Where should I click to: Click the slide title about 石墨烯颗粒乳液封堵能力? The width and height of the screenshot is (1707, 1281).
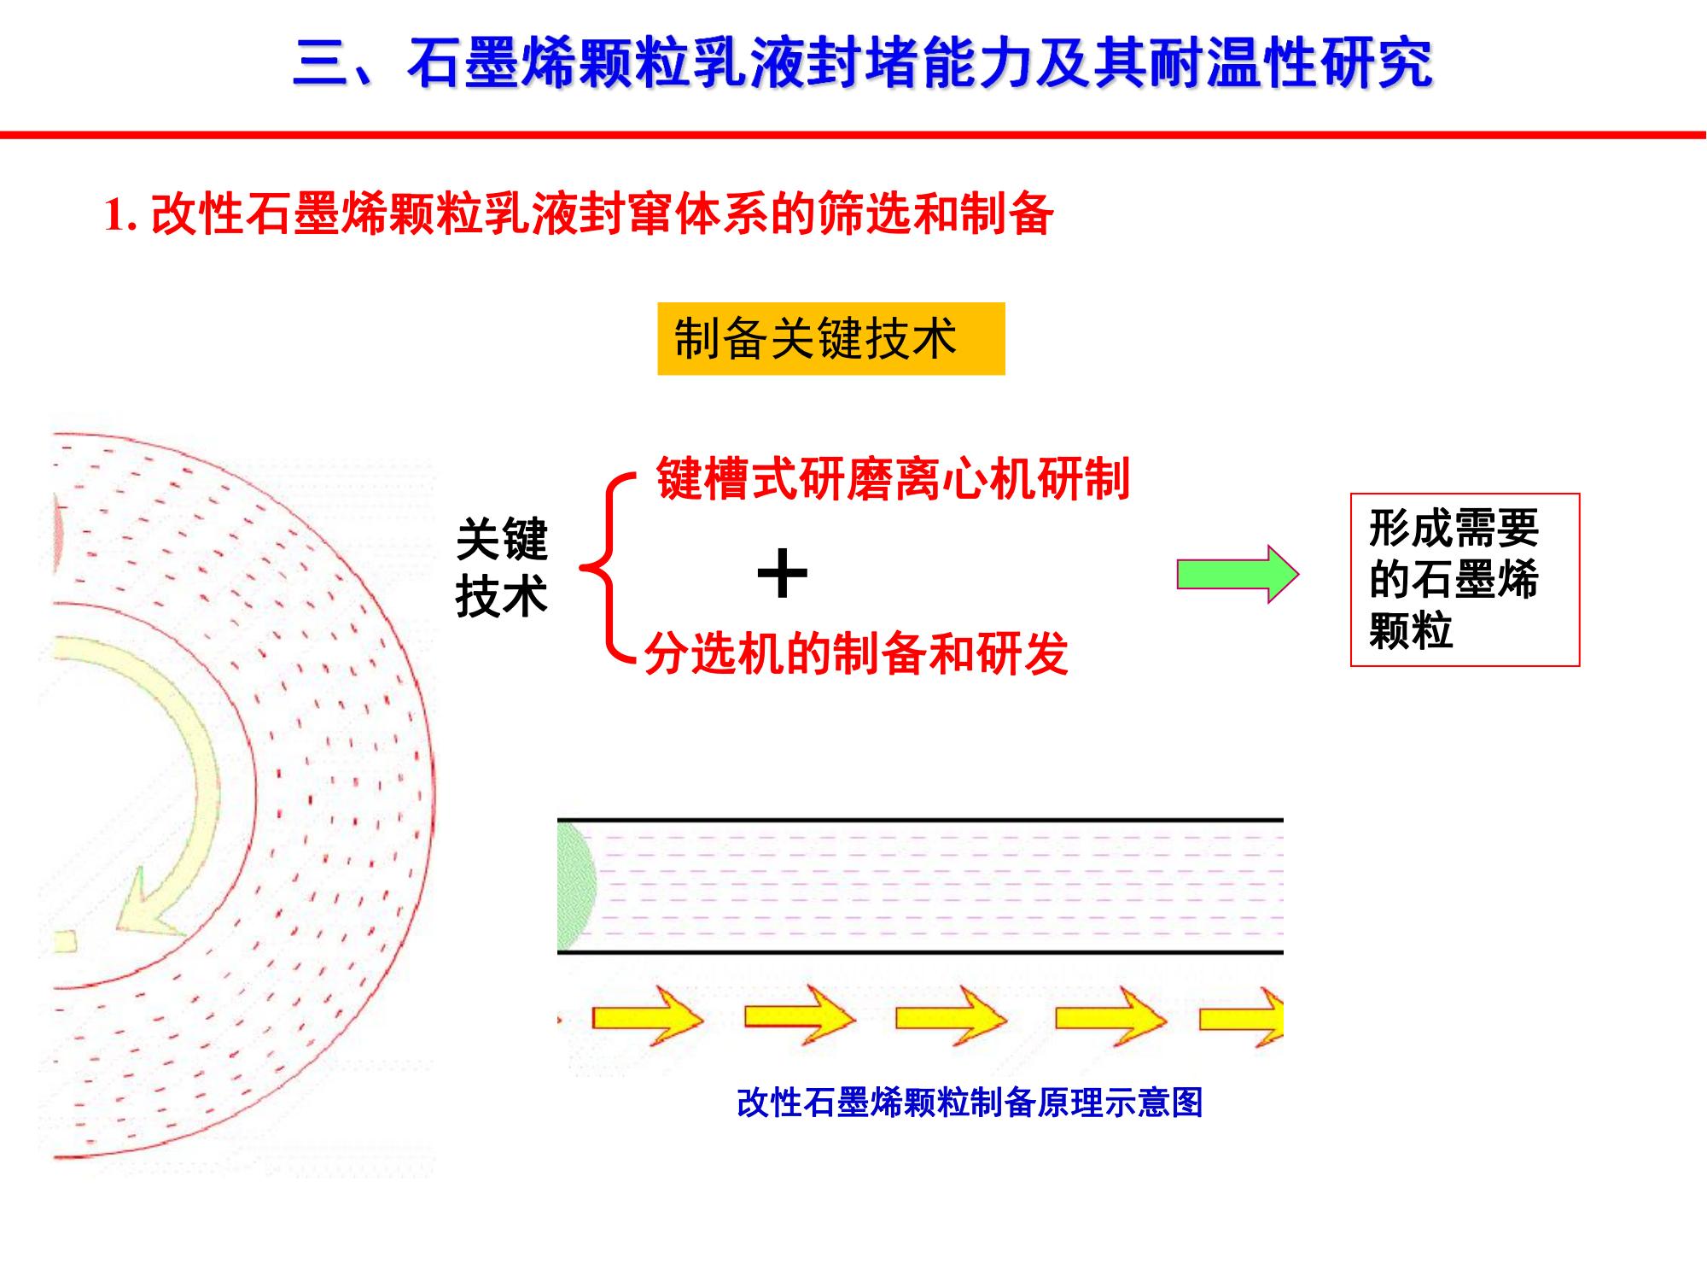pyautogui.click(x=862, y=63)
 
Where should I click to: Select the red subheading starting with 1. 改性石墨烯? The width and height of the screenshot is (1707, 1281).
pyautogui.click(x=579, y=213)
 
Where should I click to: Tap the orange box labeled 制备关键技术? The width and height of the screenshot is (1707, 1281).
pyautogui.click(x=830, y=339)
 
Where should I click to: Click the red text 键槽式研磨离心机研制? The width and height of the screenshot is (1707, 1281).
pyautogui.click(x=893, y=478)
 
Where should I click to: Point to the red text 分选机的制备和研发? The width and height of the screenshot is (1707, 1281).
pyautogui.click(x=856, y=654)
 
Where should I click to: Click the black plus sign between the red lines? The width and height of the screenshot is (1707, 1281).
pyautogui.click(x=783, y=575)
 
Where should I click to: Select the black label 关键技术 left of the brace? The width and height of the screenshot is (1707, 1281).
pyautogui.click(x=502, y=567)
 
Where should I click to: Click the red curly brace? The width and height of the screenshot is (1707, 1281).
pyautogui.click(x=609, y=568)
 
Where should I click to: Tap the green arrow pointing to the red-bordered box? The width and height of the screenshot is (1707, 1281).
pyautogui.click(x=1238, y=574)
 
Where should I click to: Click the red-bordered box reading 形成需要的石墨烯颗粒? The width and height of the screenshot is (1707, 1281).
pyautogui.click(x=1465, y=579)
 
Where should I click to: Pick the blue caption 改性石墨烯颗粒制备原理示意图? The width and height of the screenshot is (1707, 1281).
pyautogui.click(x=970, y=1103)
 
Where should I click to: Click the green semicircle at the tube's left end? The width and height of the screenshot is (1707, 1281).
pyautogui.click(x=577, y=886)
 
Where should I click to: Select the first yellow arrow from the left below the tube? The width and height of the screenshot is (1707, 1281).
pyautogui.click(x=648, y=1016)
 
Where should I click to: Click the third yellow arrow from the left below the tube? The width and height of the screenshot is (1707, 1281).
pyautogui.click(x=952, y=1016)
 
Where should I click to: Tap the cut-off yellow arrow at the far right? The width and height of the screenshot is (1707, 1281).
pyautogui.click(x=1242, y=1016)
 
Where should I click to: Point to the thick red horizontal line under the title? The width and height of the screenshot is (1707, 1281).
pyautogui.click(x=853, y=135)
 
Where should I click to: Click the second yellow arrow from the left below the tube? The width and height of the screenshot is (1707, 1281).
pyautogui.click(x=800, y=1016)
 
